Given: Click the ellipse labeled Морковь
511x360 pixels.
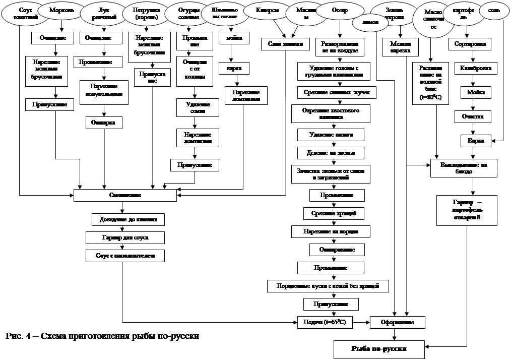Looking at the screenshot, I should pyautogui.click(x=61, y=11).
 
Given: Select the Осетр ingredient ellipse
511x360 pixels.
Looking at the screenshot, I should pyautogui.click(x=340, y=11).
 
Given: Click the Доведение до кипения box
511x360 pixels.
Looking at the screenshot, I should pyautogui.click(x=128, y=219).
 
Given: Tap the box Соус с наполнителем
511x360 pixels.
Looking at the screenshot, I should pyautogui.click(x=124, y=256).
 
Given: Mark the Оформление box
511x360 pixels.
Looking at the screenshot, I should pyautogui.click(x=398, y=322).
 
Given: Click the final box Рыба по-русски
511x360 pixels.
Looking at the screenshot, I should pyautogui.click(x=378, y=348).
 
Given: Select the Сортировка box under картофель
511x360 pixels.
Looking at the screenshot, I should pyautogui.click(x=470, y=44).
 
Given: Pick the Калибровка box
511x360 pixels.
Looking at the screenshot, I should pyautogui.click(x=473, y=68).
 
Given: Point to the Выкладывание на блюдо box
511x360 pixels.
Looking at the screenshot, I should pyautogui.click(x=464, y=168).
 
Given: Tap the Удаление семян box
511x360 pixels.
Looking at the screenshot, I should pyautogui.click(x=197, y=107).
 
